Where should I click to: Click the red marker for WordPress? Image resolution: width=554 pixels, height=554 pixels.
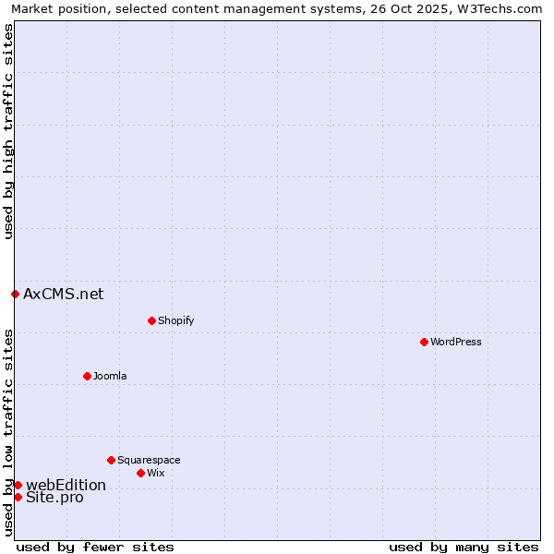click(x=424, y=342)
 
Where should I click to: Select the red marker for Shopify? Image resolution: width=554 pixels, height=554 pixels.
click(x=151, y=320)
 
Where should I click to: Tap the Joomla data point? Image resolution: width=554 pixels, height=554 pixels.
click(x=87, y=376)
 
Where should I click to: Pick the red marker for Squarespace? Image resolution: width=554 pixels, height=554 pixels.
click(x=111, y=460)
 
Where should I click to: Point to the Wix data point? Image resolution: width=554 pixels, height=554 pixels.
click(x=140, y=473)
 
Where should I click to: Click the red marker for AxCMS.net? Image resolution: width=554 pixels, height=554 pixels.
click(x=15, y=295)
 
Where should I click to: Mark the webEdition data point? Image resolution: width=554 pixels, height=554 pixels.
click(x=18, y=485)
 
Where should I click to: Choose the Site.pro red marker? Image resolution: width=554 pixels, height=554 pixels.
click(x=18, y=497)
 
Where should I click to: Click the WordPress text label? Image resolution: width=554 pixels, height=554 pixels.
click(x=456, y=342)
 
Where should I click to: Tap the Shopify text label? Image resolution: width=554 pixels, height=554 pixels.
click(x=175, y=320)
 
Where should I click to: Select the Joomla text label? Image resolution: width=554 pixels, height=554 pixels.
click(x=110, y=376)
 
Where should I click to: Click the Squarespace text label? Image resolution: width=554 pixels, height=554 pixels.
click(x=149, y=460)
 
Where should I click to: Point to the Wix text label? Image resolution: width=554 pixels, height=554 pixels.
click(x=155, y=473)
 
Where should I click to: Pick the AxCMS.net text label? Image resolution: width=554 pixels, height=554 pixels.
click(x=64, y=295)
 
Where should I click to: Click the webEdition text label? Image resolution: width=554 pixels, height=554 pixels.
click(x=66, y=485)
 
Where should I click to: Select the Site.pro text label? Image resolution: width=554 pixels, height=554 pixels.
click(x=54, y=497)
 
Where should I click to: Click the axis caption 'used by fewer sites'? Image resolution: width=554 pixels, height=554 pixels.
click(x=95, y=547)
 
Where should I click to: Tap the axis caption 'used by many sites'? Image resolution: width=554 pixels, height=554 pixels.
click(x=464, y=547)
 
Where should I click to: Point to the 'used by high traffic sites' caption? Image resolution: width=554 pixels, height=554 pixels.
click(x=9, y=131)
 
